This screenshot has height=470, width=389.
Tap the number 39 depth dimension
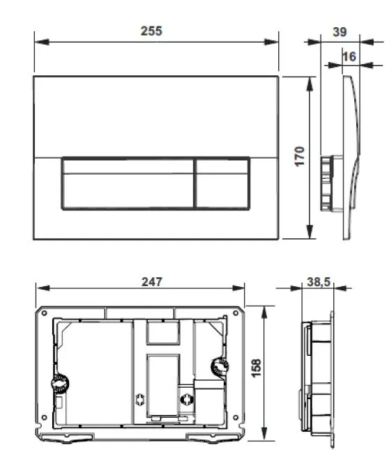pos(339,32)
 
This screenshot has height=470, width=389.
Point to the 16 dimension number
pos(349,56)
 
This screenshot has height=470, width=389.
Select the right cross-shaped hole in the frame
pos(186,399)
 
